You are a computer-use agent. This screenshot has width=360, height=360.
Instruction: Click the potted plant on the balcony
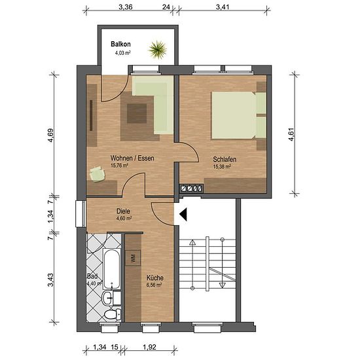[158, 49]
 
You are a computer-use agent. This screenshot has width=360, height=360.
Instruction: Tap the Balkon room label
[120, 44]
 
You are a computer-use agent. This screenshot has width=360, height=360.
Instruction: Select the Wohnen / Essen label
[132, 158]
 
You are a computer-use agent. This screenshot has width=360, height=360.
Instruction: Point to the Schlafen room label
[225, 159]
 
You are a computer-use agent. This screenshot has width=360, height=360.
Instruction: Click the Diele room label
[123, 211]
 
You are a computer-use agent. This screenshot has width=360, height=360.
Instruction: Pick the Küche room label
[155, 278]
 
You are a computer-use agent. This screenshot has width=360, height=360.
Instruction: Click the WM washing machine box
[133, 258]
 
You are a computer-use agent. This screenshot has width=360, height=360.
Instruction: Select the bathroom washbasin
[107, 298]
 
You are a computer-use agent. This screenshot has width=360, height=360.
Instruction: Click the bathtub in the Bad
[111, 268]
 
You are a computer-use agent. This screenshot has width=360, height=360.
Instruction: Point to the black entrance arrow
[183, 215]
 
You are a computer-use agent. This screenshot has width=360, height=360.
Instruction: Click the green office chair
[97, 174]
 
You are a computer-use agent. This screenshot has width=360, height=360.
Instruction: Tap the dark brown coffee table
[137, 113]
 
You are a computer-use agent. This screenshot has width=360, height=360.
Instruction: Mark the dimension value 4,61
[291, 135]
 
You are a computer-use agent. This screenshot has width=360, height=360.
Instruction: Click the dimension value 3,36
[126, 7]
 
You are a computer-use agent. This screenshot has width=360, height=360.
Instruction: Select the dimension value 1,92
[149, 347]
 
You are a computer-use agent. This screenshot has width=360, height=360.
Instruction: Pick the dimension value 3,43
[50, 280]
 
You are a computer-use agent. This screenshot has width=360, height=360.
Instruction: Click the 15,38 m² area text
[222, 166]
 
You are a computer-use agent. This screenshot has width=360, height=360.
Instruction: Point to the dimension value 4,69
[50, 135]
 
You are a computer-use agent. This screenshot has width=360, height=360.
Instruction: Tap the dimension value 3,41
[223, 7]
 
